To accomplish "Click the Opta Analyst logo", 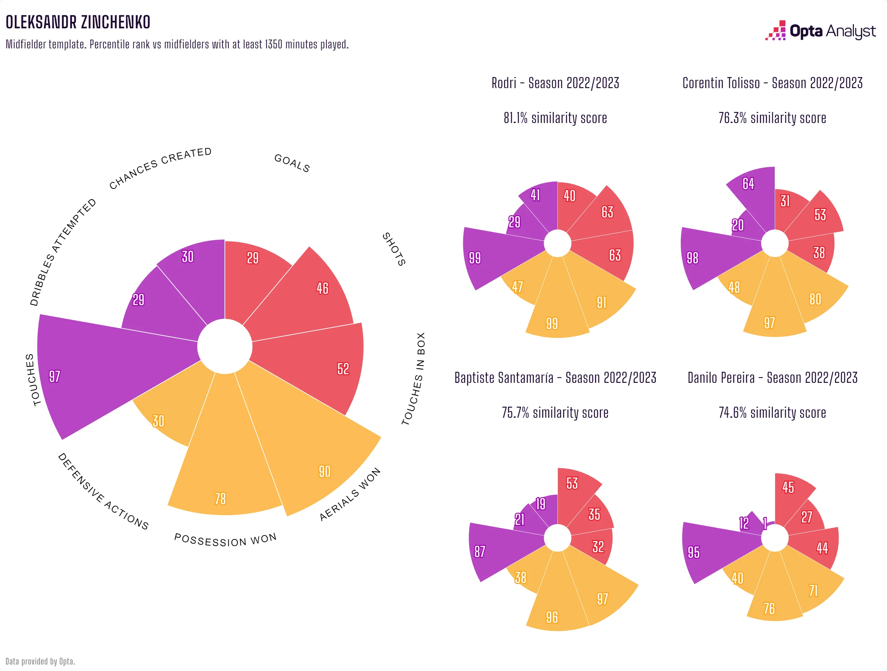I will click(820, 31).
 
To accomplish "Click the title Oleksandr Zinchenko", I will click(78, 22).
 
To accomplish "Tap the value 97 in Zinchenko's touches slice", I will click(55, 376).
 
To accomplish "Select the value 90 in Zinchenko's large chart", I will click(324, 471).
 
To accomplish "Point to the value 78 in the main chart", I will click(220, 499).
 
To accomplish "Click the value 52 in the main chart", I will click(343, 369).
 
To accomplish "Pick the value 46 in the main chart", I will click(322, 288).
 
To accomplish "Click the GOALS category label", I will click(292, 163).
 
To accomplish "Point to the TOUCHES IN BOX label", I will click(413, 379).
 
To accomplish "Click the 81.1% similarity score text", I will click(555, 118).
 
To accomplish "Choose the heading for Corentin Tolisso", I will click(772, 83).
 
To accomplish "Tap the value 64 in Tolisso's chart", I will click(748, 184).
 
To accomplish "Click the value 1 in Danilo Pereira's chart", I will click(765, 523).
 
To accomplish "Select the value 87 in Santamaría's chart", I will click(479, 551).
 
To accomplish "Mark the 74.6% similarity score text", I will click(772, 412).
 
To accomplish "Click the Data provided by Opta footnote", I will click(40, 661).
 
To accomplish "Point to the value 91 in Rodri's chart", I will click(601, 302).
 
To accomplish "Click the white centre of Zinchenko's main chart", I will click(225, 347).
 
